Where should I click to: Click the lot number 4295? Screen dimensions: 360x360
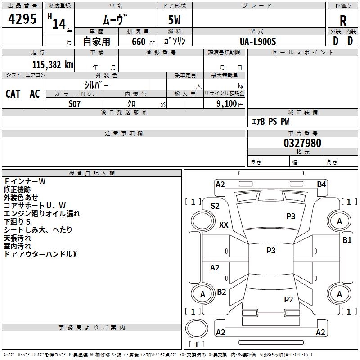22,18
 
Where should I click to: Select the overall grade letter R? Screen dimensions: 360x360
343,21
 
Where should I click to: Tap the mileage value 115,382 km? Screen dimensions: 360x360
53,65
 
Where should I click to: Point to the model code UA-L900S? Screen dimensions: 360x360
258,41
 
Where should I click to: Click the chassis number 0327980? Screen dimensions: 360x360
302,143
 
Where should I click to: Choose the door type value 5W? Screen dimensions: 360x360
174,20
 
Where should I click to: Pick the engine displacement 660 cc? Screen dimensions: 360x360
143,41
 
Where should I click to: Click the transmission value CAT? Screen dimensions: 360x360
13,94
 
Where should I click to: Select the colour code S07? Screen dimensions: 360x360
74,104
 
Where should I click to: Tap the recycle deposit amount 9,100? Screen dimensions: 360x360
227,104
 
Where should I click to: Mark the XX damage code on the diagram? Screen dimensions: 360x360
224,225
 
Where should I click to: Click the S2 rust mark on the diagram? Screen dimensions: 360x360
215,206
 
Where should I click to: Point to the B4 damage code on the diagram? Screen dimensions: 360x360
321,184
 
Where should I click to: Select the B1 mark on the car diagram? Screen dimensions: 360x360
347,240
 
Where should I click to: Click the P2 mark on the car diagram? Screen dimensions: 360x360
288,299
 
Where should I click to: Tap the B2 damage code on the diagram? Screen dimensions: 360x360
221,292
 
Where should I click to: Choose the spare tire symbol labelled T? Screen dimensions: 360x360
197,328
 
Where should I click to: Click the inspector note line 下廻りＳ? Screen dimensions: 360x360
17,221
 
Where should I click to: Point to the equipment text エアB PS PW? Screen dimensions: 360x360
270,121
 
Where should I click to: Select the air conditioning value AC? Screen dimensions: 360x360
35,94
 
